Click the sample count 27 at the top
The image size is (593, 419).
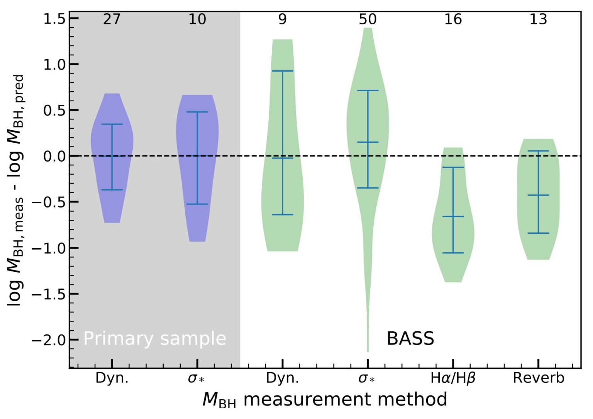click(x=112, y=19)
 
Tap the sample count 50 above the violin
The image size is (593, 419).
click(x=368, y=19)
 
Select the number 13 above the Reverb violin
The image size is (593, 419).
click(x=538, y=19)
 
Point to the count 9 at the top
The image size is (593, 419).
click(x=283, y=19)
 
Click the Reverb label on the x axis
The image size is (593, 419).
click(x=538, y=378)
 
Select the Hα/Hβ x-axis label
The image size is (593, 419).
click(x=453, y=378)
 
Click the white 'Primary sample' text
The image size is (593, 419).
click(x=154, y=339)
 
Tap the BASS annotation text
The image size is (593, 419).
click(x=410, y=339)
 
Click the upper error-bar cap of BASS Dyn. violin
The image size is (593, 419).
click(x=283, y=71)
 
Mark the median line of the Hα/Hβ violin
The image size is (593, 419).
click(x=453, y=216)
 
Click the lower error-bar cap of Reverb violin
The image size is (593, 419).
click(x=538, y=233)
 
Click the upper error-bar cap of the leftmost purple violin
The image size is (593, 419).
click(x=112, y=124)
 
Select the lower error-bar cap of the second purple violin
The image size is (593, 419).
click(x=197, y=204)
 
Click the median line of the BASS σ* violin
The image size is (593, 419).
click(x=368, y=142)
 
